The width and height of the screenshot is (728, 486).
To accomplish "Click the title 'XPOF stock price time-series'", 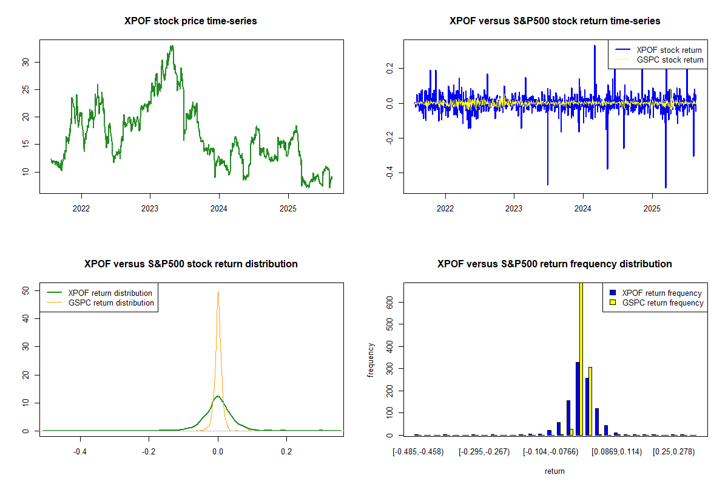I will click(x=190, y=21).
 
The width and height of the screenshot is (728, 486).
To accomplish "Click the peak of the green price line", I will click(x=172, y=46).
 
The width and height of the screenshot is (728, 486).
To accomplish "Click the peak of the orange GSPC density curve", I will click(x=218, y=292).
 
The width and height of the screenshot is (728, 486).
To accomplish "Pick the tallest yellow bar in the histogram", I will click(x=581, y=358).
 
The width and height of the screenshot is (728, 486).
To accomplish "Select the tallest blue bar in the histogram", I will click(x=578, y=399).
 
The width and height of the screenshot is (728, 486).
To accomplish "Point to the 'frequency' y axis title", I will click(x=371, y=360).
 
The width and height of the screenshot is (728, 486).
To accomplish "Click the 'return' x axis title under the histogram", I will click(x=554, y=471).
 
